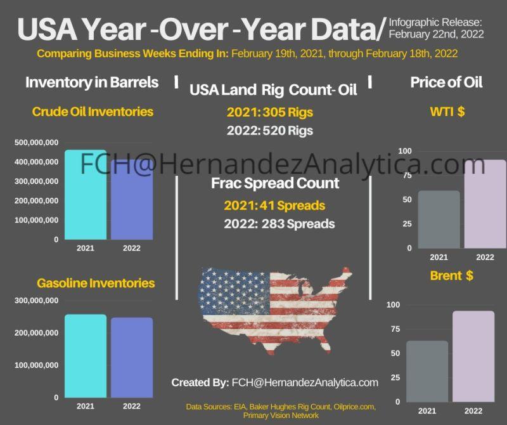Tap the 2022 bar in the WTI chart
click(x=485, y=204)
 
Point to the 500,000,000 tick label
click(x=37, y=142)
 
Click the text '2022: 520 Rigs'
click(x=269, y=131)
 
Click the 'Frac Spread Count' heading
click(x=275, y=184)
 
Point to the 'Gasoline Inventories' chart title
click(x=96, y=283)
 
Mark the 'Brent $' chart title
click(x=451, y=276)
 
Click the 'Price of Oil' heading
click(x=446, y=82)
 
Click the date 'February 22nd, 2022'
click(x=436, y=34)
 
